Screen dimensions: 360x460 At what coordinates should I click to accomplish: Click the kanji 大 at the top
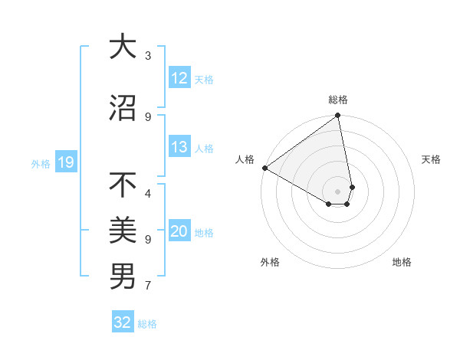coord(123,47)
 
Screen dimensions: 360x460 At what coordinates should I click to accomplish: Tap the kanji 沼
coord(123,108)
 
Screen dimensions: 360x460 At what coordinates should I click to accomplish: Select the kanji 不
coord(123,185)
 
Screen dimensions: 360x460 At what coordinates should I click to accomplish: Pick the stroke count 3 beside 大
coord(148,55)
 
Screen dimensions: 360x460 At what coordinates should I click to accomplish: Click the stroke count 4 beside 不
coord(148,185)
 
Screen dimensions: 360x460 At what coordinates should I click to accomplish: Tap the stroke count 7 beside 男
coord(148,286)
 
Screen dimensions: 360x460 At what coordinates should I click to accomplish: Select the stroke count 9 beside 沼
coord(148,116)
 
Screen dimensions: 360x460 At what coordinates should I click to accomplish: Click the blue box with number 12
coord(179,78)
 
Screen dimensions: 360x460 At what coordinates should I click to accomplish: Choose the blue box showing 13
coord(179,147)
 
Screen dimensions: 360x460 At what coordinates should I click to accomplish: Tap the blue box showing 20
coord(179,231)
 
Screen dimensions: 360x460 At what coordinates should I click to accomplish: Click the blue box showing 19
coord(66,162)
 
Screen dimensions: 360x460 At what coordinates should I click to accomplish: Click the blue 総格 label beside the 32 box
coord(147,324)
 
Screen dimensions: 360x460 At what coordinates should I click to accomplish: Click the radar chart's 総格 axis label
coord(338,100)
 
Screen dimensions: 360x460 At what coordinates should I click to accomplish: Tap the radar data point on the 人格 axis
coord(264,168)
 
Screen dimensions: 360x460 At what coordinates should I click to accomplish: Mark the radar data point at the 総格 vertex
coord(338,116)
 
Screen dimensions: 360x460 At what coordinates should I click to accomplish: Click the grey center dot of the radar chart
coord(338,191)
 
